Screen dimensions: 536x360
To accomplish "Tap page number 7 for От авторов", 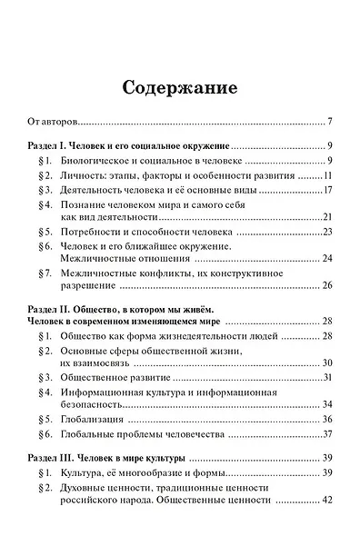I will (x=332, y=121).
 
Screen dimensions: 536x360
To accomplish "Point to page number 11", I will (x=329, y=175).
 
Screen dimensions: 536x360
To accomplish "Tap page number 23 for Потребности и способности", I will (x=329, y=233).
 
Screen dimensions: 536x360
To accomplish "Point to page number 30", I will (x=329, y=362).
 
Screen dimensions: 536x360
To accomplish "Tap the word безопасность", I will (x=94, y=404).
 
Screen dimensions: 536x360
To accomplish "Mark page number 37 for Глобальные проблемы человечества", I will (x=329, y=434).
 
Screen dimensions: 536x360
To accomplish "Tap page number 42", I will (x=329, y=500).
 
